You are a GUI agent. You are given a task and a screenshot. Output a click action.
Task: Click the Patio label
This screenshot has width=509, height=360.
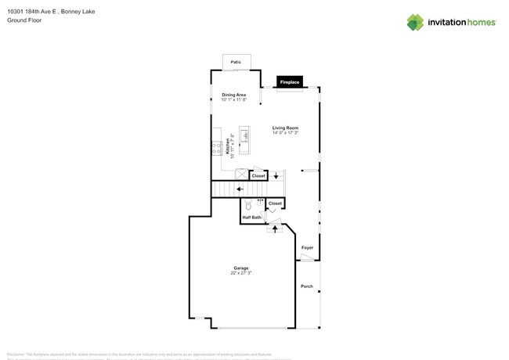click(x=236, y=62)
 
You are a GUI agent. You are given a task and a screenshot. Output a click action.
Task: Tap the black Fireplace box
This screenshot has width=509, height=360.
click(x=290, y=82)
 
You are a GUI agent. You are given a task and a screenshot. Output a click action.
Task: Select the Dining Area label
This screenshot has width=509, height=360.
click(x=233, y=95)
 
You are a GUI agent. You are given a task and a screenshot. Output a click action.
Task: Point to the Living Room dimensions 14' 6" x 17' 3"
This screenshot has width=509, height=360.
click(x=285, y=133)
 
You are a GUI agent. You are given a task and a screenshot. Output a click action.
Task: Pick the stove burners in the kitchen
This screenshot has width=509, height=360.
click(x=215, y=148)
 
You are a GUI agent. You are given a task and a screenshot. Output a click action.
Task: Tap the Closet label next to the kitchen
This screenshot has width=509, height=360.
click(x=258, y=176)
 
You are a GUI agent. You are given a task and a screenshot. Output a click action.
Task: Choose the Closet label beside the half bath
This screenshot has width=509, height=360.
click(x=275, y=203)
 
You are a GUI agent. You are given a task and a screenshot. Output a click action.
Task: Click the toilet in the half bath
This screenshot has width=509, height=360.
click(x=248, y=205)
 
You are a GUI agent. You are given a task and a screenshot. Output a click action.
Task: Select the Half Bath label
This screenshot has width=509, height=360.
click(x=251, y=218)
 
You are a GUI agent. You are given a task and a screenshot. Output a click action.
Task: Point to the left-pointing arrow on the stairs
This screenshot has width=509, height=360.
click(x=240, y=189)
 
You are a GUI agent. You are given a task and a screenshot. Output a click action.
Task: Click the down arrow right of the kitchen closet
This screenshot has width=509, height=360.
click(x=276, y=176)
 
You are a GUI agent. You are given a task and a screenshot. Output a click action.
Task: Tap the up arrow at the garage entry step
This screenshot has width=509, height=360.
click(x=275, y=229)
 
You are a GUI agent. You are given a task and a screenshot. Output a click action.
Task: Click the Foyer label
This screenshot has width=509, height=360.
click(x=307, y=248)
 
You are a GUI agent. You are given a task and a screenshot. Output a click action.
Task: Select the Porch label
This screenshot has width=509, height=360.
click(x=307, y=286)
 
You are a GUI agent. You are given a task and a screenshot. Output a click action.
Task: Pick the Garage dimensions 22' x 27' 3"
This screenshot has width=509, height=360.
click(x=241, y=273)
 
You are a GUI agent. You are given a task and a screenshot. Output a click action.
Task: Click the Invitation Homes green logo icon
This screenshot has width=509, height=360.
click(x=415, y=22)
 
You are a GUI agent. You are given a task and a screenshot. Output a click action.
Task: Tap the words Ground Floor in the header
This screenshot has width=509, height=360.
click(x=24, y=20)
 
